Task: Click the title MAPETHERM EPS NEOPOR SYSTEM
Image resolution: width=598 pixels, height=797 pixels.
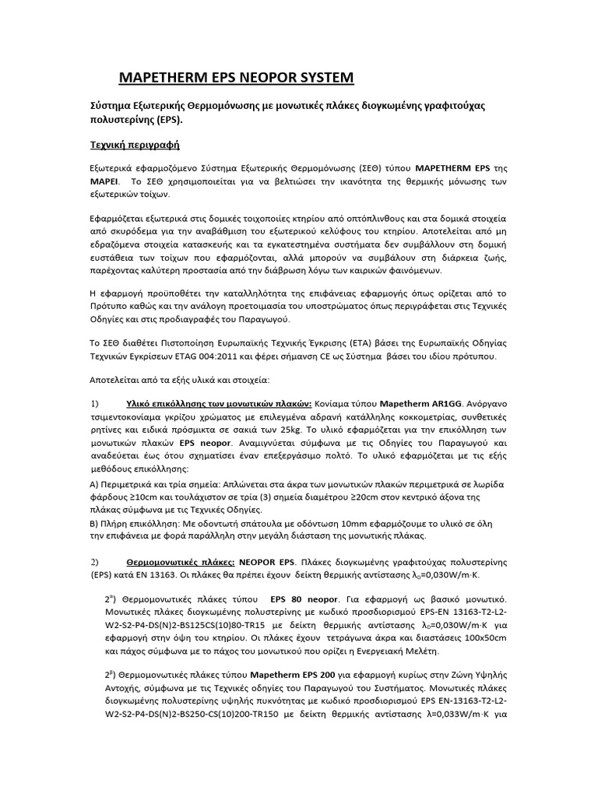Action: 235,77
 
